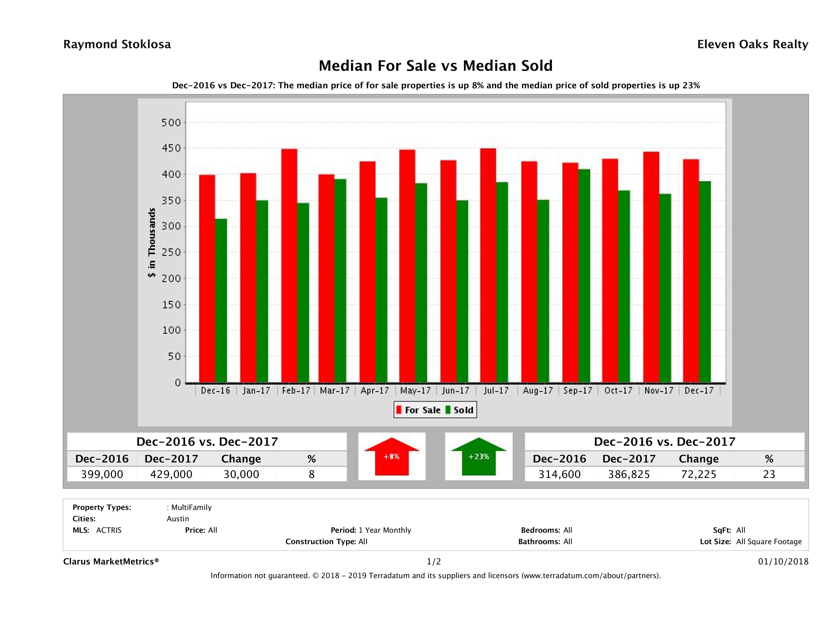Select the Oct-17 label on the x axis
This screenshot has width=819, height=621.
[x=618, y=390]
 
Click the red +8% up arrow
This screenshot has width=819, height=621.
[x=392, y=457]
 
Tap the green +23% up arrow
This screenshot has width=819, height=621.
[x=478, y=457]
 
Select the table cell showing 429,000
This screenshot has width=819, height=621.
[x=171, y=474]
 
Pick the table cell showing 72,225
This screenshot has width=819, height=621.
[x=698, y=474]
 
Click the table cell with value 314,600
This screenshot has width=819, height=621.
[x=559, y=474]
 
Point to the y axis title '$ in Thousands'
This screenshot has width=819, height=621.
[x=152, y=243]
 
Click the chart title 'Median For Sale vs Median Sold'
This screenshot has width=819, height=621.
[x=436, y=66]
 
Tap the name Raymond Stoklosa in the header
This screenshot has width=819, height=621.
[x=117, y=44]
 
